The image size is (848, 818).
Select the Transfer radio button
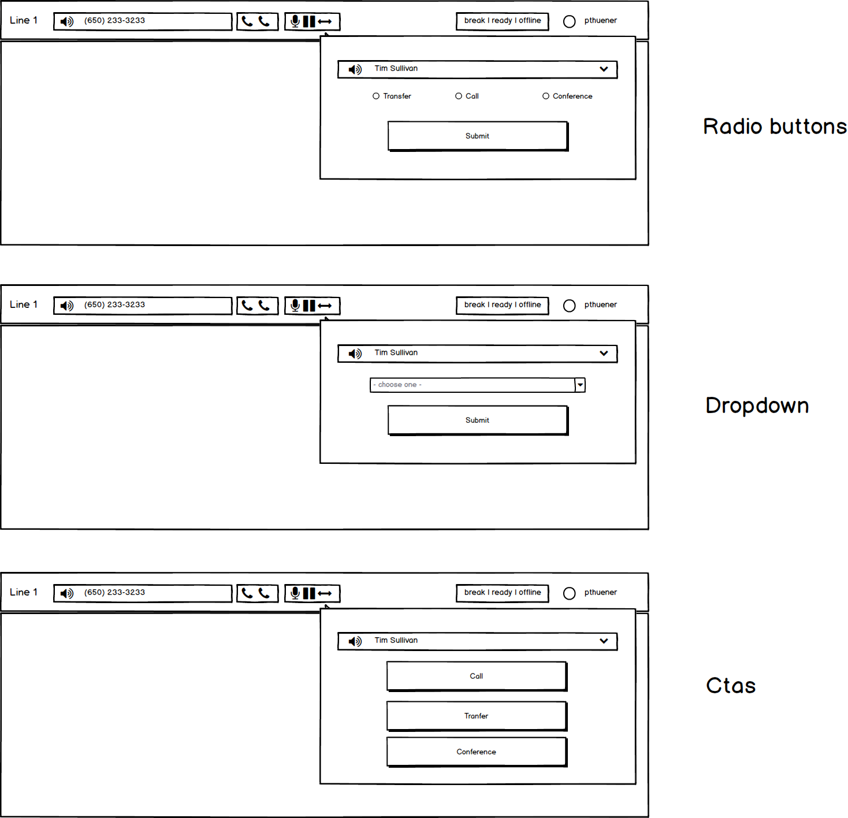pos(376,96)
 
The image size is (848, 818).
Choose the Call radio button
pos(459,96)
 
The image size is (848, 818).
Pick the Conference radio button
pos(546,96)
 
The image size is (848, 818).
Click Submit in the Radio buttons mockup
pos(477,136)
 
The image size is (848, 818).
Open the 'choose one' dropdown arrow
pos(580,385)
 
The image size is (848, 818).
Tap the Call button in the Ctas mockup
pos(476,676)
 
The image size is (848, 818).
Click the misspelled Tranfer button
pos(476,716)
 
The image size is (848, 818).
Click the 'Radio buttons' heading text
pos(774,127)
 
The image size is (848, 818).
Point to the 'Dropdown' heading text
pos(757,406)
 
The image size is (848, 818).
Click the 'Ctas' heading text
pos(731,686)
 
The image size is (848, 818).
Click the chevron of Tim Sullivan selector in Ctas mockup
pos(604,641)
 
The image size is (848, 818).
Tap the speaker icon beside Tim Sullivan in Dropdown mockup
pos(355,354)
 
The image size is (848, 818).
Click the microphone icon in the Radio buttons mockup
pos(295,21)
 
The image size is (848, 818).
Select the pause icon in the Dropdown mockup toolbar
pos(309,306)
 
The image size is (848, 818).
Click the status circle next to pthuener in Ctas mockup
pos(569,593)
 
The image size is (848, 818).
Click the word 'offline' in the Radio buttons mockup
pos(530,21)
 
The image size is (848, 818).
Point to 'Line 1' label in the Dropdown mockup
pos(24,304)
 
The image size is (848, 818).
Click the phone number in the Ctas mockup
pos(114,593)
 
